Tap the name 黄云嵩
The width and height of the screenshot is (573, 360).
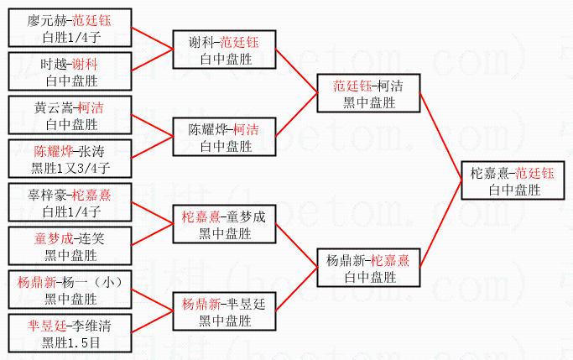point(52,108)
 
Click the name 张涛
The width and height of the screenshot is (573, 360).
point(91,152)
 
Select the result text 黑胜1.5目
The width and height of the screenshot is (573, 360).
point(70,342)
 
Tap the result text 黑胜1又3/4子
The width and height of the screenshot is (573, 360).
point(70,167)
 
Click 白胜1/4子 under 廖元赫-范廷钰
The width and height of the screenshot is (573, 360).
point(70,36)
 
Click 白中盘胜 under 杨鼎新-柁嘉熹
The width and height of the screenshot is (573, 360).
point(369,277)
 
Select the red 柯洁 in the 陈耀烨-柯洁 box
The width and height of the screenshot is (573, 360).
point(246,130)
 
